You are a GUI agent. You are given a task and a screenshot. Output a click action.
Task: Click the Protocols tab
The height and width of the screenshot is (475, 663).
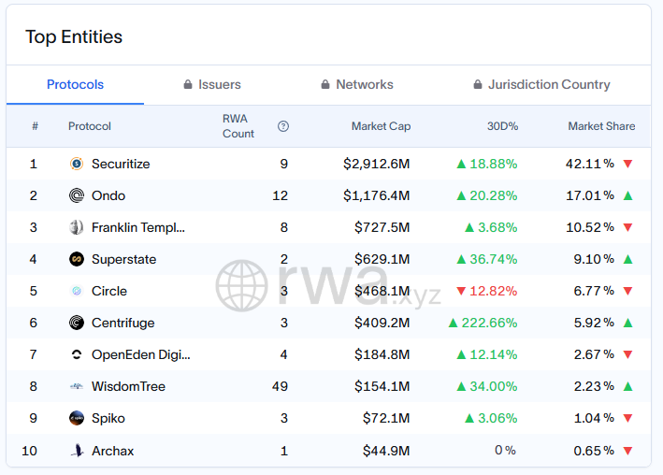[75, 84]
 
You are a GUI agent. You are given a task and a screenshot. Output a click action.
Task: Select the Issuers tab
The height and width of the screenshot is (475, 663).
[212, 84]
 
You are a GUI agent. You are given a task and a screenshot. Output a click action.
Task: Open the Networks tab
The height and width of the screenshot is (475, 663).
[357, 84]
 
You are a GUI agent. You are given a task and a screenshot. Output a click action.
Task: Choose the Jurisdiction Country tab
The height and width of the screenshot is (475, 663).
[542, 84]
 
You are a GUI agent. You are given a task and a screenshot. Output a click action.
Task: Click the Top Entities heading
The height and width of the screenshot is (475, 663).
[74, 37]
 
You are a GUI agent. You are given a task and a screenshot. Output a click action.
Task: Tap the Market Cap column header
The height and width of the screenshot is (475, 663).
[381, 126]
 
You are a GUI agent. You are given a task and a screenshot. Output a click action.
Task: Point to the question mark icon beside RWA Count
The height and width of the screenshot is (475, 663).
[283, 126]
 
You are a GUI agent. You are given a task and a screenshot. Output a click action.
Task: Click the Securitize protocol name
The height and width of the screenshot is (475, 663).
[121, 164]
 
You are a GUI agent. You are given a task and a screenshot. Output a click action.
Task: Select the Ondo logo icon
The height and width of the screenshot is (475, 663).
[77, 195]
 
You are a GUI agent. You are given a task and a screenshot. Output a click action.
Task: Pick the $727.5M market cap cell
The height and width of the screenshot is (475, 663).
[382, 227]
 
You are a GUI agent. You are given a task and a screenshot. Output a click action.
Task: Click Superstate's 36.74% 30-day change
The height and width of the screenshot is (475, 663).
[493, 259]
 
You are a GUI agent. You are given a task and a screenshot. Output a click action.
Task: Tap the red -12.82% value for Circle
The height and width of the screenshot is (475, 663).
[493, 291]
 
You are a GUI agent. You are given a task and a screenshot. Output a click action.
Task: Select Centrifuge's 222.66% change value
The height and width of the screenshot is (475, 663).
[489, 323]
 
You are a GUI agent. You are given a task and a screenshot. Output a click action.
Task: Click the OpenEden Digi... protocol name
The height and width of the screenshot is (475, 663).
[140, 354]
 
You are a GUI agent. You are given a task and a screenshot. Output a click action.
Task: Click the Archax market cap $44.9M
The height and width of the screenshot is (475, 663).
[386, 451]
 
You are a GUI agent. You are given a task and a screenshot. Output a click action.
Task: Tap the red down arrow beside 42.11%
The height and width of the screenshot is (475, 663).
[627, 164]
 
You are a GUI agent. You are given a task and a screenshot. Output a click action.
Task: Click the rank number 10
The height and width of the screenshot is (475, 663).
[30, 451]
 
